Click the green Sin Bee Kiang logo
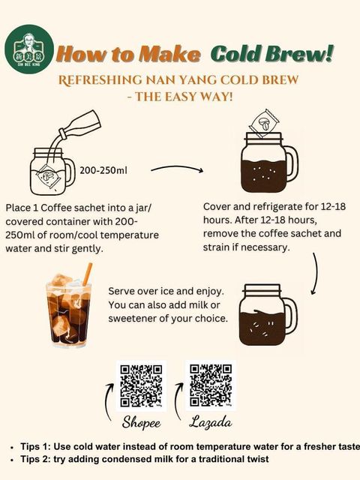coord(29,49)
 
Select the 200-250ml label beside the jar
coord(103,170)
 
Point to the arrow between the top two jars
coord(177,169)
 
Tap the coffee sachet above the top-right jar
coord(264,123)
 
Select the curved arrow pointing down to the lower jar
coord(315,273)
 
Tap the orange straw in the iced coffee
coord(88,274)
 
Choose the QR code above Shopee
coord(141,385)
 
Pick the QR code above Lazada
coord(211,385)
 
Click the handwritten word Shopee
coord(141,423)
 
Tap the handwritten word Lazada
coord(211,421)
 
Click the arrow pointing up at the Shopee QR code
coord(108,402)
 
